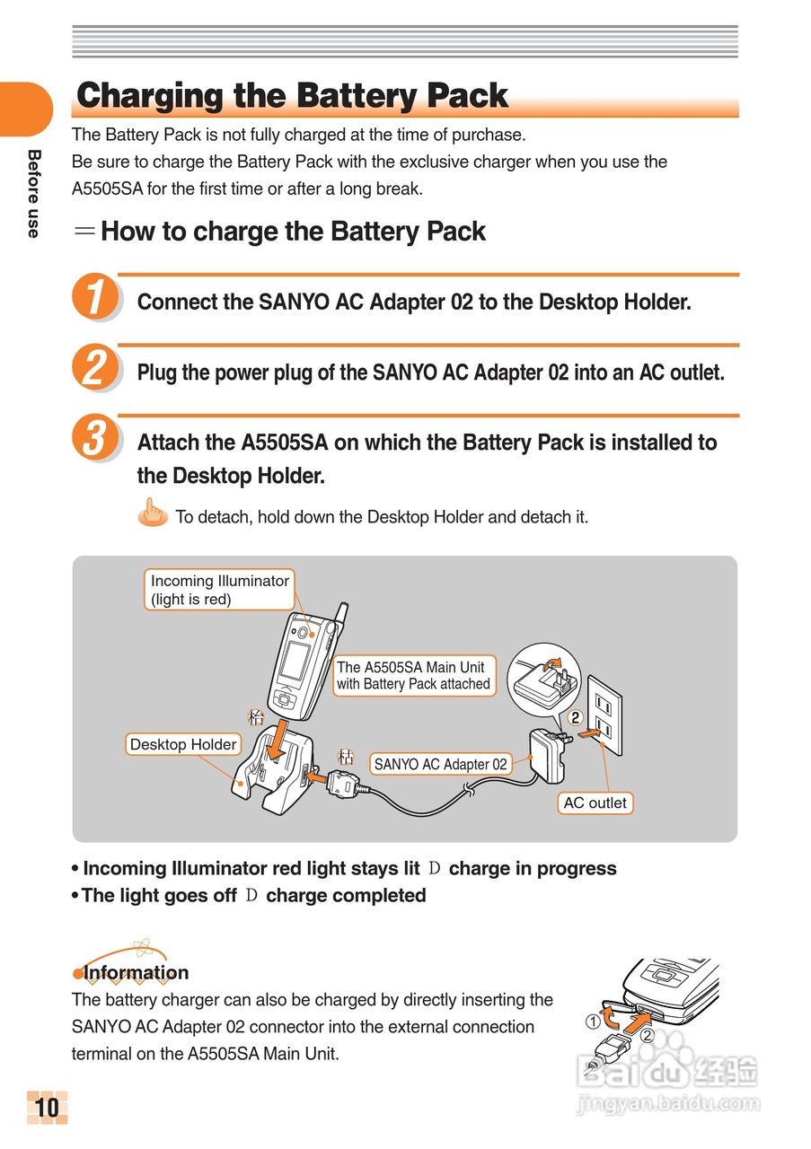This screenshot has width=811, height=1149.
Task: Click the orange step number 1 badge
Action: click(94, 298)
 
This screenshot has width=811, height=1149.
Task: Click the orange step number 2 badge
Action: click(94, 368)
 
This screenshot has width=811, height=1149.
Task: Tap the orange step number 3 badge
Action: click(94, 440)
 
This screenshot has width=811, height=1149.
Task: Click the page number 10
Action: click(47, 1108)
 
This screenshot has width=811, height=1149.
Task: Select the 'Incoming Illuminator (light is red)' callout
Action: click(219, 590)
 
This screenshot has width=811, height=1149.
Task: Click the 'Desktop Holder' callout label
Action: click(183, 744)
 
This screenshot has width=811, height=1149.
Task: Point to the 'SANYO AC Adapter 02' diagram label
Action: click(440, 764)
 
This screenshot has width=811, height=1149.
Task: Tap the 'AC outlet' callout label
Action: click(595, 803)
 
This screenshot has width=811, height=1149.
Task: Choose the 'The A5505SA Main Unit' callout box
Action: click(413, 675)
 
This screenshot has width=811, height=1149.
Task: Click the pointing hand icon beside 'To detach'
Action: click(154, 514)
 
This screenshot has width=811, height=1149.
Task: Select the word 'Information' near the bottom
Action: click(136, 973)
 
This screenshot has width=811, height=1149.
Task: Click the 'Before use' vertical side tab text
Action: click(33, 193)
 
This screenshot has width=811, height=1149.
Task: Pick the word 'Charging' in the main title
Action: click(149, 96)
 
